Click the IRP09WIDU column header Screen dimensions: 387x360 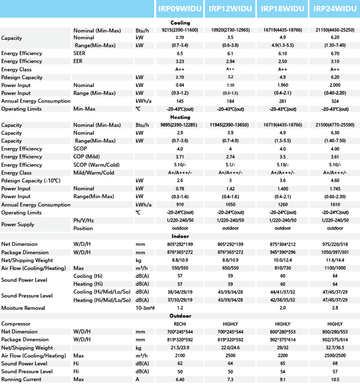(180, 9)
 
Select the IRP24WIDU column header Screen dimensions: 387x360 (335, 9)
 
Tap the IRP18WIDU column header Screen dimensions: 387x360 (283, 9)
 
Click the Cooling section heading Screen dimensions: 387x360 (180, 23)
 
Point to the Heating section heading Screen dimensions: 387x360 (180, 117)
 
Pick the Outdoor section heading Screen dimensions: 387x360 (180, 316)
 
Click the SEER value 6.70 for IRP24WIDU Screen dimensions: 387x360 (335, 54)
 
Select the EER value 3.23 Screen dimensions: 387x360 (180, 61)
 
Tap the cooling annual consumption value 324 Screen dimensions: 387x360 (335, 101)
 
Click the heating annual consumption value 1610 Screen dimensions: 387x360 (335, 205)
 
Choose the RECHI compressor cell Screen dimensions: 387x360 (180, 324)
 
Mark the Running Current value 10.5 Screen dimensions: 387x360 (335, 380)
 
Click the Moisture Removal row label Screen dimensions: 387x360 (23, 308)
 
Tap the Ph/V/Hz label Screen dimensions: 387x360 (83, 220)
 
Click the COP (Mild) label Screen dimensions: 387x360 (87, 157)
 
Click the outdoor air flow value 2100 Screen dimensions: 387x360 (180, 356)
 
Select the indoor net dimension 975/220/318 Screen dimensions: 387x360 (335, 244)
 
